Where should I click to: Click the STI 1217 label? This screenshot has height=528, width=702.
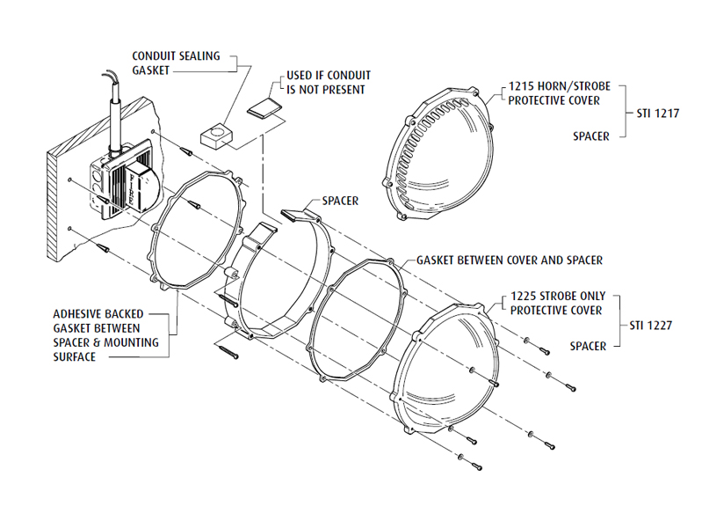(x=658, y=113)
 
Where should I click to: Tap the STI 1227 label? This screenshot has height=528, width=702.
(x=651, y=326)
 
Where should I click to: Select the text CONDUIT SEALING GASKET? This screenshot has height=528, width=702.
(x=176, y=63)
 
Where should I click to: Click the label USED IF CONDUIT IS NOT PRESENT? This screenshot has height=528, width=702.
(x=329, y=83)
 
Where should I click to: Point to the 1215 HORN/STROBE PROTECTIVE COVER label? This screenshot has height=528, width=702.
(x=559, y=93)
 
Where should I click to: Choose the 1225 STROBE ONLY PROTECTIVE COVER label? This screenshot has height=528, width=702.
(x=558, y=304)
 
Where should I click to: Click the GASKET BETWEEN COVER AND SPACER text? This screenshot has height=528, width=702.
(x=510, y=260)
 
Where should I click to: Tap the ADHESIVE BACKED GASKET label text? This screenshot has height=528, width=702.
(x=105, y=335)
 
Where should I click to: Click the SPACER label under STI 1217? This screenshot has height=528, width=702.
(x=591, y=136)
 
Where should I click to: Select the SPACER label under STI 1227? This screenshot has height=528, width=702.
(x=588, y=347)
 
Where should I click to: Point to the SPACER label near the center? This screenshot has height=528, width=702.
(x=340, y=201)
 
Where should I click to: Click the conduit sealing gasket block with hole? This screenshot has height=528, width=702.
(x=216, y=136)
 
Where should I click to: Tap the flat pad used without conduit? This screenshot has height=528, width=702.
(x=264, y=107)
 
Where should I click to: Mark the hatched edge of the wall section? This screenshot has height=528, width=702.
(x=52, y=204)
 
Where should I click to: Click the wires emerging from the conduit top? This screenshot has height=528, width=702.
(x=111, y=80)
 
